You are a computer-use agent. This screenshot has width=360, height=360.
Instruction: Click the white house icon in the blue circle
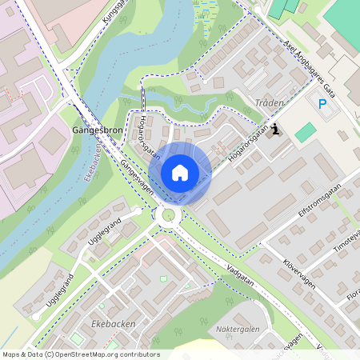click(180, 172)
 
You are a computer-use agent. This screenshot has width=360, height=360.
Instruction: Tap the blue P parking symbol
click(322, 104)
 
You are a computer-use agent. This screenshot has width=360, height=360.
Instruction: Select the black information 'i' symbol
click(276, 129)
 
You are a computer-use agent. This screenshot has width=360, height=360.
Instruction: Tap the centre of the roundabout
click(169, 214)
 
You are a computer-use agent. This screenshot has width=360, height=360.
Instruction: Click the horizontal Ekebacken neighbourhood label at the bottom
click(109, 324)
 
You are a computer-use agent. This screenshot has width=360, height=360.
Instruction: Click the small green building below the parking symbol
click(305, 132)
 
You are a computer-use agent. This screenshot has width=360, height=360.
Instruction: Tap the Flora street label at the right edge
click(352, 298)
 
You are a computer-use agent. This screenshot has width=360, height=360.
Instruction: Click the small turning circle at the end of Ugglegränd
click(138, 210)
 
